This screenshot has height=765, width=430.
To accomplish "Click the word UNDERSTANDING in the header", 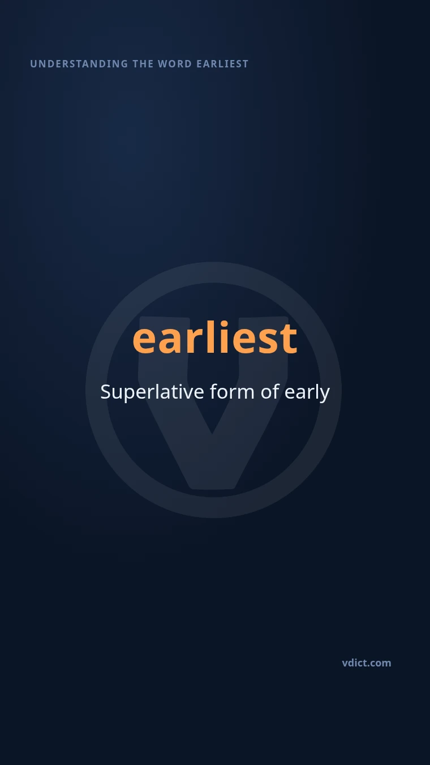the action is [x=79, y=64].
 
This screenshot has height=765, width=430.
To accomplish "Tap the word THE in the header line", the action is [x=143, y=64].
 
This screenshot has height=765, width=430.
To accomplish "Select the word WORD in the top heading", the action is [x=175, y=64].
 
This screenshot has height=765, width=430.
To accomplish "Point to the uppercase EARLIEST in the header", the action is [x=222, y=64].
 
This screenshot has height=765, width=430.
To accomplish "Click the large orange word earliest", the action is [x=215, y=337].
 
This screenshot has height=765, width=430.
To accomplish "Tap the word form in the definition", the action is [x=232, y=391].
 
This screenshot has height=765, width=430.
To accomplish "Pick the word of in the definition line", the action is [x=270, y=391].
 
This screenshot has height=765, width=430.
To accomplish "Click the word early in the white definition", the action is [x=307, y=392].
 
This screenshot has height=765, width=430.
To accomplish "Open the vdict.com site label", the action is [x=367, y=663].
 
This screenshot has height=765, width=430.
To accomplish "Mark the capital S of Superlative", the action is [x=106, y=392].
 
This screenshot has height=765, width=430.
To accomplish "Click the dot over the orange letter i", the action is [x=224, y=324].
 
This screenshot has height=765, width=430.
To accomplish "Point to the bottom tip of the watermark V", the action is [x=212, y=488].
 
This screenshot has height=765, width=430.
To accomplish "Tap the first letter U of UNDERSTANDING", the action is [x=33, y=64].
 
